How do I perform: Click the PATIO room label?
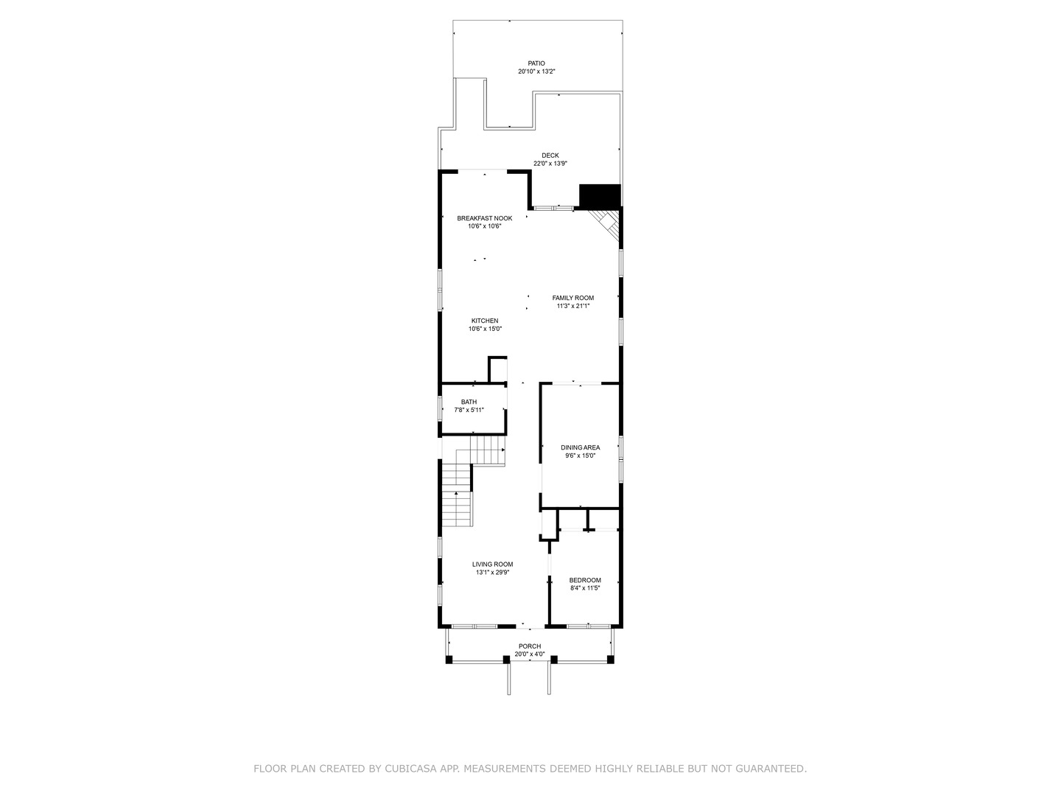pyautogui.click(x=536, y=63)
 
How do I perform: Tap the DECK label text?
pyautogui.click(x=550, y=156)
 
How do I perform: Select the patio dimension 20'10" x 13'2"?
pyautogui.click(x=536, y=71)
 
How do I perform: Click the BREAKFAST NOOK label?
pyautogui.click(x=484, y=218)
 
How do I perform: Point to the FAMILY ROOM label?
pyautogui.click(x=572, y=298)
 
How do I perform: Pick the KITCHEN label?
pyautogui.click(x=485, y=321)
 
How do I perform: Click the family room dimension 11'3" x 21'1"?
pyautogui.click(x=572, y=306)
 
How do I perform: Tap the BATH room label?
pyautogui.click(x=469, y=402)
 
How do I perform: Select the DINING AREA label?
pyautogui.click(x=580, y=447)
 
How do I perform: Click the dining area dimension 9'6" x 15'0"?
pyautogui.click(x=580, y=455)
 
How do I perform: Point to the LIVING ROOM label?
pyautogui.click(x=492, y=565)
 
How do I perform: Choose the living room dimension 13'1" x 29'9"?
pyautogui.click(x=492, y=573)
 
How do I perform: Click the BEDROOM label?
pyautogui.click(x=585, y=580)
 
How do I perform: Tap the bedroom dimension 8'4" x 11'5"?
pyautogui.click(x=585, y=588)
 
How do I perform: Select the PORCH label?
pyautogui.click(x=529, y=646)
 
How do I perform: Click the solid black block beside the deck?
pyautogui.click(x=600, y=196)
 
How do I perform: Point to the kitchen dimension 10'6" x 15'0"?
pyautogui.click(x=485, y=329)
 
